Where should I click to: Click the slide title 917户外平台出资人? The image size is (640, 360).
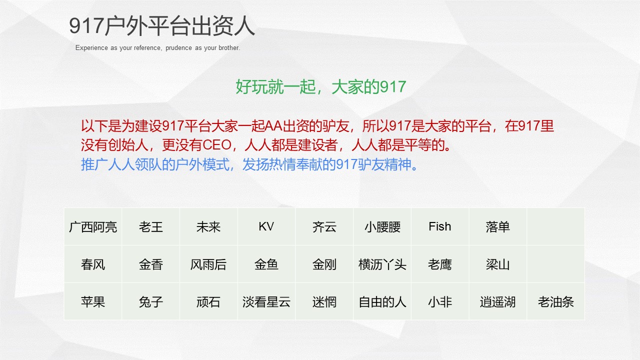tap(162, 26)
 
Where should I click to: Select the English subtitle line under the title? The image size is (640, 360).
tap(157, 48)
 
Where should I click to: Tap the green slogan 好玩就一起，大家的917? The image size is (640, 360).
tap(320, 87)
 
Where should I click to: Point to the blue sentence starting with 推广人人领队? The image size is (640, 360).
tap(249, 164)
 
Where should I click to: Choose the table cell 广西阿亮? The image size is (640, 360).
tap(93, 227)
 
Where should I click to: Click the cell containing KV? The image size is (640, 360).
tap(266, 226)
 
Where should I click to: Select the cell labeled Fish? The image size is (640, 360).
tap(440, 226)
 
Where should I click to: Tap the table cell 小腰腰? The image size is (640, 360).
tap(382, 227)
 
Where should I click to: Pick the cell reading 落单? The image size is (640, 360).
tap(497, 227)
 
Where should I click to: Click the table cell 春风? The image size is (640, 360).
tap(93, 264)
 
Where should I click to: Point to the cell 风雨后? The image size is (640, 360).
tap(208, 264)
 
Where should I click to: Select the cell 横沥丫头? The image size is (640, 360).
tap(382, 264)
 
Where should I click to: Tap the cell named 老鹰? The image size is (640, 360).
tap(440, 264)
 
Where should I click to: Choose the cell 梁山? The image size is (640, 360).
tap(497, 264)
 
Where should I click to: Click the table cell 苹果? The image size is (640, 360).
tap(93, 302)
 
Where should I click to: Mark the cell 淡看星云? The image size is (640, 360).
tap(266, 302)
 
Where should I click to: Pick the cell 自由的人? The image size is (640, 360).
tap(382, 302)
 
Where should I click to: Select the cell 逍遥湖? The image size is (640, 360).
tap(497, 302)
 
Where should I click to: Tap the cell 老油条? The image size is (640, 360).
tap(555, 302)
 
